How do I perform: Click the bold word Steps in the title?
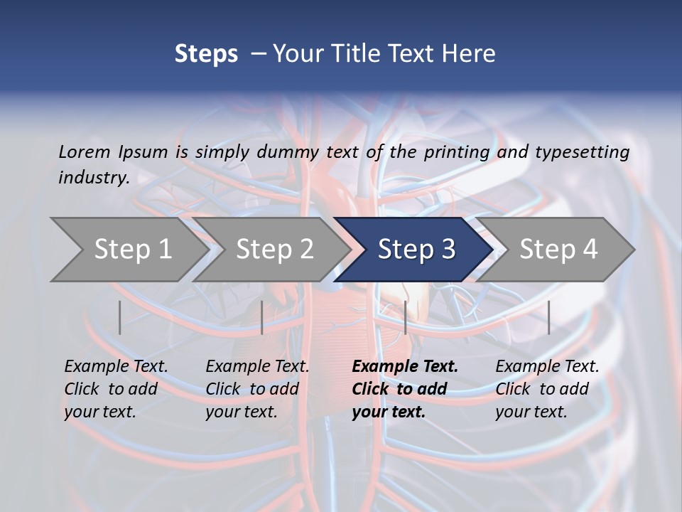point(206,53)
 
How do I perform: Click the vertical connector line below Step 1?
point(120,317)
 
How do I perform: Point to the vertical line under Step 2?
point(262,317)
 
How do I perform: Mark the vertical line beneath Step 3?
point(405,317)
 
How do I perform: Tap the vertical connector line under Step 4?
point(549,317)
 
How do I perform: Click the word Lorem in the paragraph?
point(84,152)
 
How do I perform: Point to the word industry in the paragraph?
point(94,178)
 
